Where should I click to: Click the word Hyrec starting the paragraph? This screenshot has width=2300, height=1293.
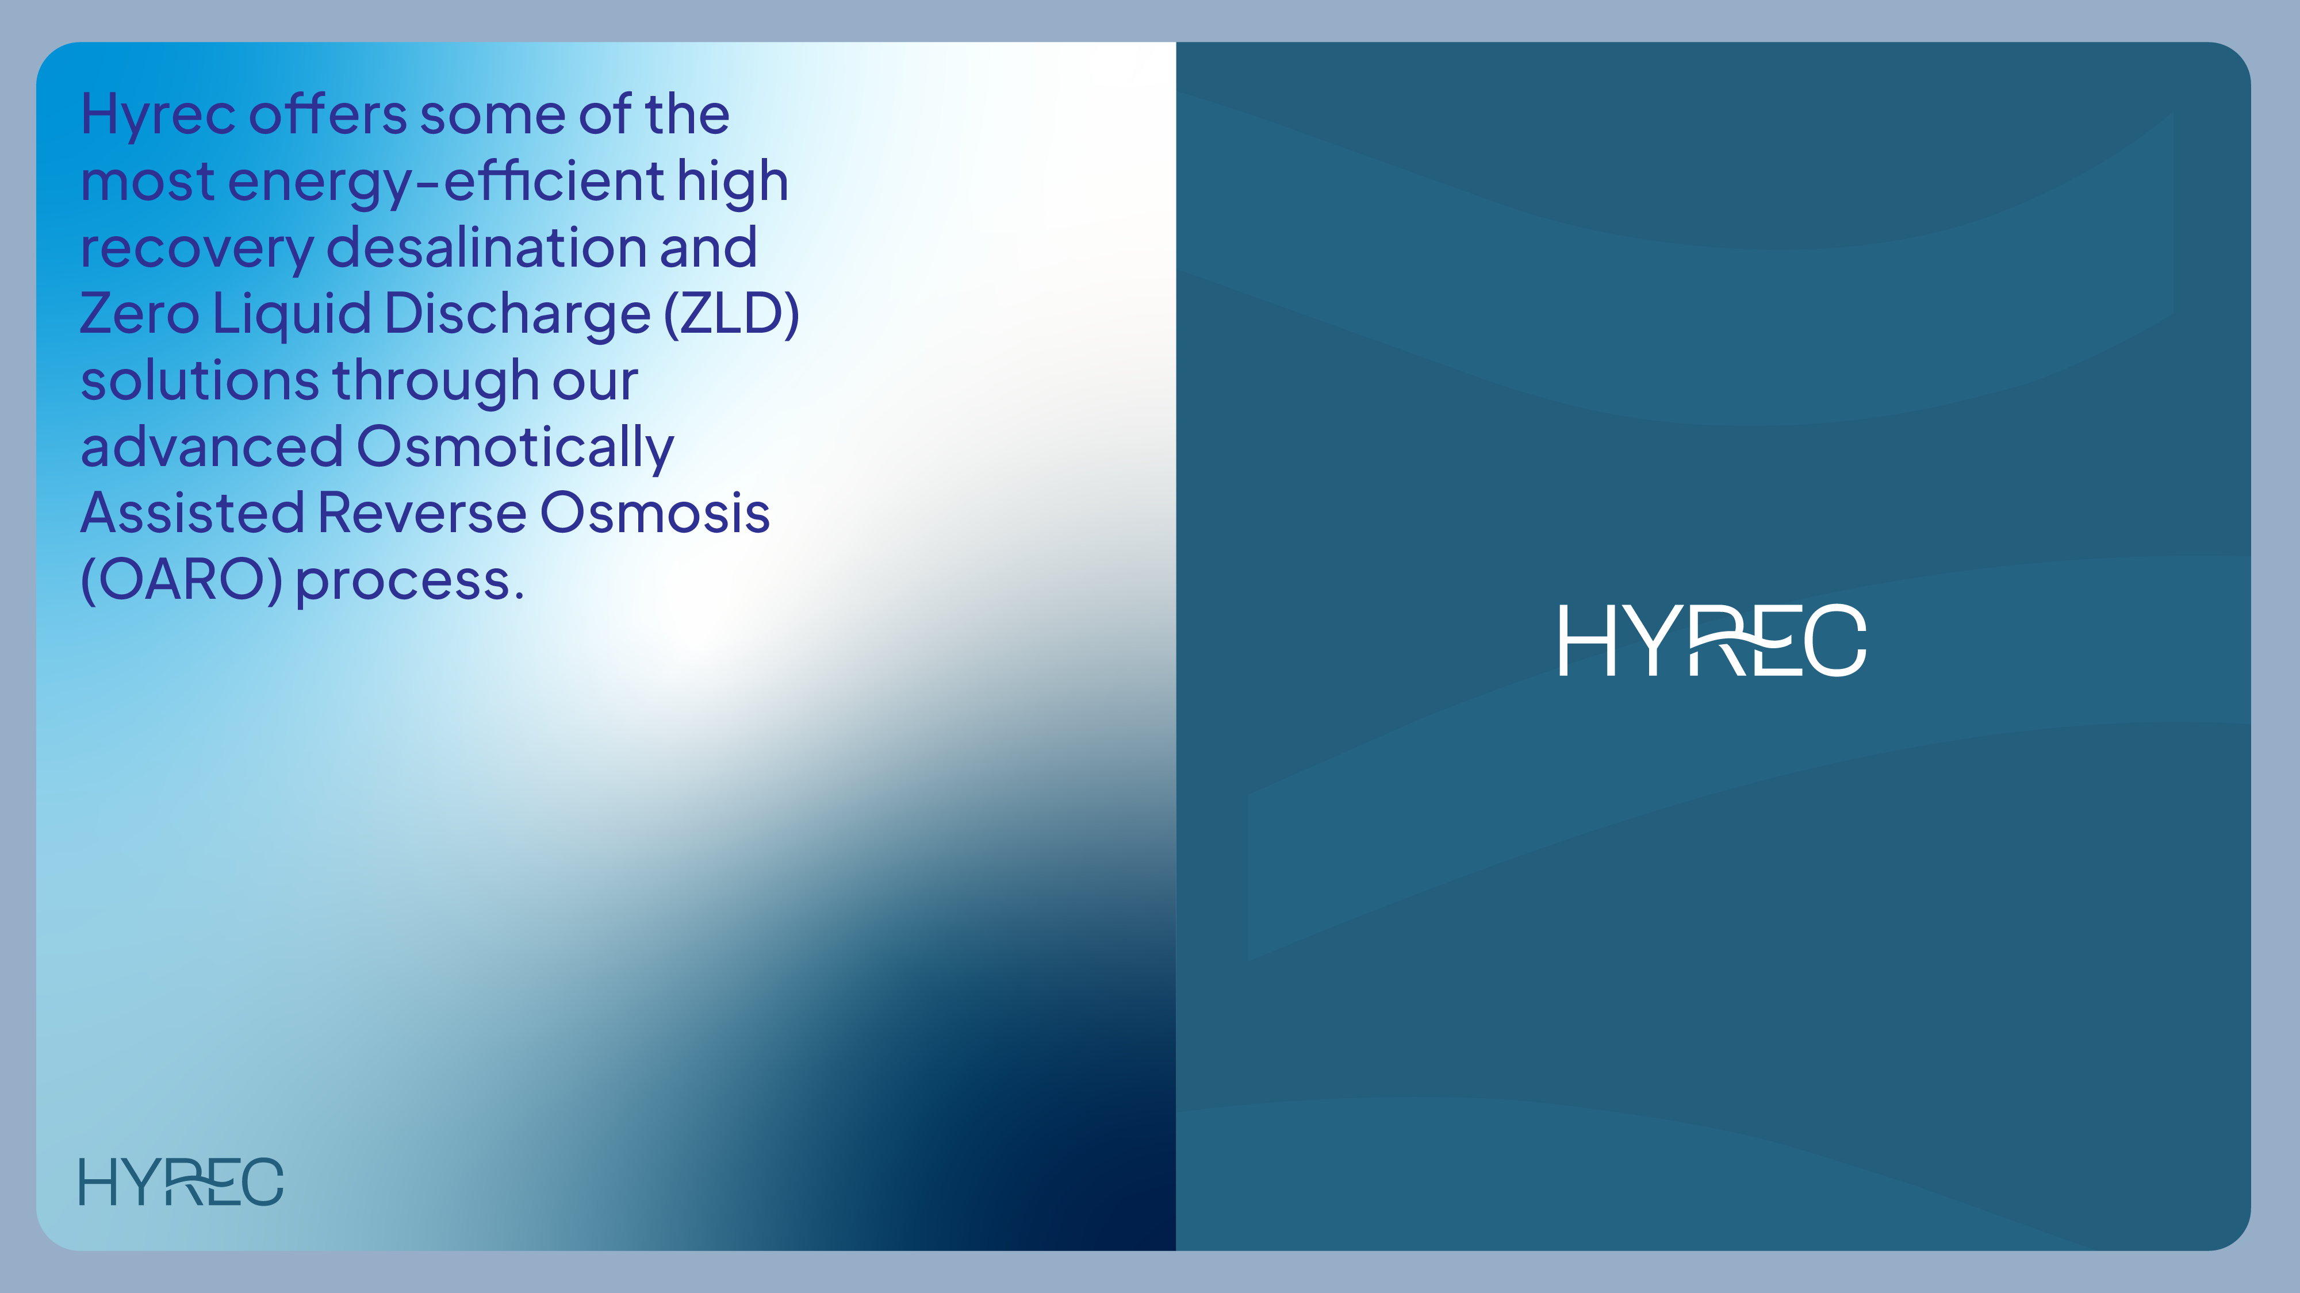point(157,116)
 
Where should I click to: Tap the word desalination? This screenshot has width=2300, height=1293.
point(486,248)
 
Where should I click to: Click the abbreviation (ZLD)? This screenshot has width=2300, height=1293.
point(730,314)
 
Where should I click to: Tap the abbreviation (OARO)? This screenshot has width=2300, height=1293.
point(181,581)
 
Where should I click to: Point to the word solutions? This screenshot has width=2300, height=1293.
point(199,381)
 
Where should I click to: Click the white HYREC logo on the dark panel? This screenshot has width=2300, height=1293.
point(1712,641)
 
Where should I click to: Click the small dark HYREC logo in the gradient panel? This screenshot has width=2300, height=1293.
point(181,1182)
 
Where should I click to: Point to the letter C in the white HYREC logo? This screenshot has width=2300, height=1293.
point(1835,641)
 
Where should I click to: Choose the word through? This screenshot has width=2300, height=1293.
point(436,381)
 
